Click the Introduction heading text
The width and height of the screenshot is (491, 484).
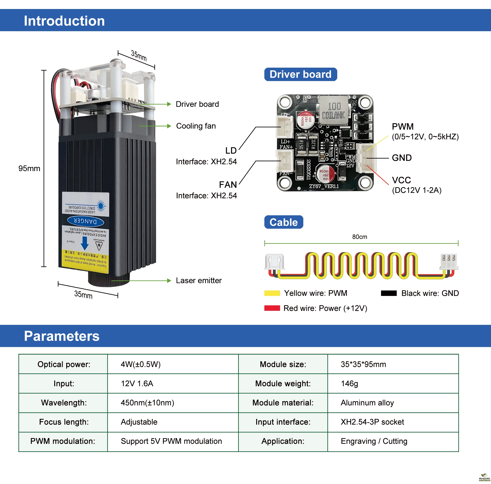pos(64,21)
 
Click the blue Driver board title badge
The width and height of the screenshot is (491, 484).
pos(300,74)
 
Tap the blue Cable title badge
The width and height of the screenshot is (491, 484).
pos(283,222)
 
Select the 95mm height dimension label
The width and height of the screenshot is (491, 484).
pos(29,168)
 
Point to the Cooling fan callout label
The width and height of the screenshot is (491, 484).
pos(196,126)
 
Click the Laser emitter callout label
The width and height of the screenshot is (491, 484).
pos(199,280)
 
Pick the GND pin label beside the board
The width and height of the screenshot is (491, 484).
pos(402,158)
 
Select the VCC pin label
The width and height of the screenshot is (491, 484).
pos(401,180)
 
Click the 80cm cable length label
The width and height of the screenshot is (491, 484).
pos(359,237)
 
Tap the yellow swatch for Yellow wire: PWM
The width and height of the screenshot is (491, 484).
pos(272,293)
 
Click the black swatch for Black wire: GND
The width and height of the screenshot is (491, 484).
pos(389,293)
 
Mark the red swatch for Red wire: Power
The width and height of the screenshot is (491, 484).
pos(272,308)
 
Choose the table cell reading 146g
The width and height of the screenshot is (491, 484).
pos(349,383)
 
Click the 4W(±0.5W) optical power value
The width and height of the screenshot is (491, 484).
pos(141,364)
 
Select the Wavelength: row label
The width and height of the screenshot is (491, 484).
pos(64,403)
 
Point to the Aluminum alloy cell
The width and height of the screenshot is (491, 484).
pos(367,403)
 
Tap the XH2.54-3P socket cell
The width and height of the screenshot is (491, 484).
pos(372,422)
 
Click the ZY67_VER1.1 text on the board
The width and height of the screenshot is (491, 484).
pos(324,186)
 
